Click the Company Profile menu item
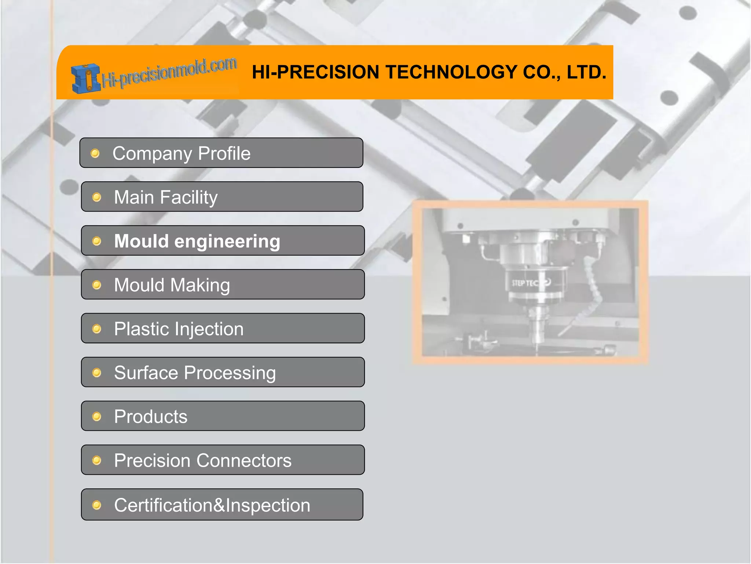pyautogui.click(x=221, y=153)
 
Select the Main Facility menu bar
pyautogui.click(x=222, y=197)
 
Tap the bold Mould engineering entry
pyautogui.click(x=223, y=241)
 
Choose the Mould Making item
pyautogui.click(x=223, y=285)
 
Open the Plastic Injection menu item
pyautogui.click(x=223, y=328)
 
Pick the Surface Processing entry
pyautogui.click(x=223, y=372)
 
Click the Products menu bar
pyautogui.click(x=223, y=416)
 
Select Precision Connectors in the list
pyautogui.click(x=223, y=460)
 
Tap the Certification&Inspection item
pyautogui.click(x=222, y=505)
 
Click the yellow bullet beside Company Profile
pyautogui.click(x=95, y=153)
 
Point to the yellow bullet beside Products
pyautogui.click(x=96, y=416)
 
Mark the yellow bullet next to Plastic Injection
pyautogui.click(x=96, y=329)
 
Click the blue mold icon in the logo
pyautogui.click(x=85, y=78)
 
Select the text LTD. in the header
pyautogui.click(x=586, y=72)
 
